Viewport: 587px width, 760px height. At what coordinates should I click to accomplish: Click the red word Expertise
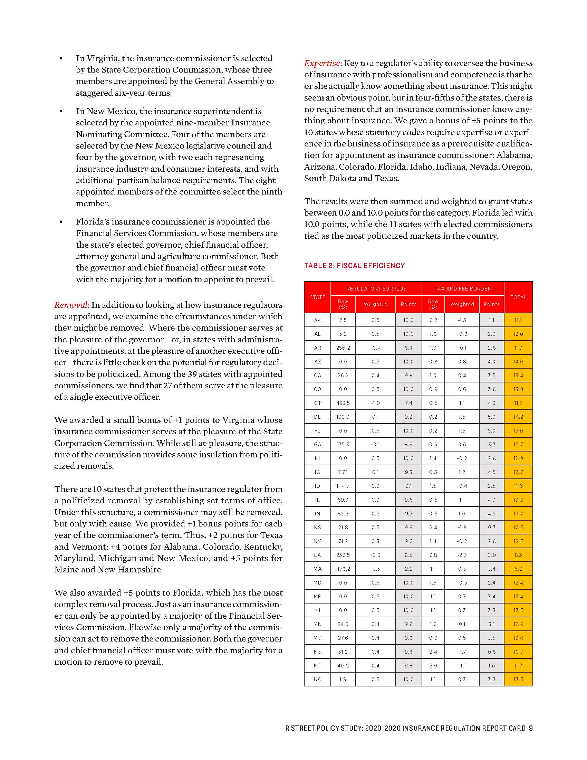[323, 63]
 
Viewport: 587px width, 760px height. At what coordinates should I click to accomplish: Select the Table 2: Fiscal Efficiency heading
[354, 266]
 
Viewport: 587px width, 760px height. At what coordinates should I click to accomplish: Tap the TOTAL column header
[518, 297]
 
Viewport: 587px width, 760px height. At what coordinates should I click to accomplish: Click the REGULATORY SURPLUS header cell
[376, 288]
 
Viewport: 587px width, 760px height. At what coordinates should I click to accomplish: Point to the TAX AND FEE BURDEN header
[462, 288]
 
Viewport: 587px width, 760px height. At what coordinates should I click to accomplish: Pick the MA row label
[317, 569]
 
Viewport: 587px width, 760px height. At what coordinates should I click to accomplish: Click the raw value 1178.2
[343, 569]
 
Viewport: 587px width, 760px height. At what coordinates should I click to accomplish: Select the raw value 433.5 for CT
[343, 403]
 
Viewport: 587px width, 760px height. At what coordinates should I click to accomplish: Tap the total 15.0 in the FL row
[518, 430]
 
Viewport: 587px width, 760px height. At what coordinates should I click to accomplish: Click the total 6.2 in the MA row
[518, 569]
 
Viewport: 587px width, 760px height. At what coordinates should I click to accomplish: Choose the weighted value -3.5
[375, 569]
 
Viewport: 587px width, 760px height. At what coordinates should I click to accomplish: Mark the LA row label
[317, 555]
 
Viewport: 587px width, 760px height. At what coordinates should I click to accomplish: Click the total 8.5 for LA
[518, 555]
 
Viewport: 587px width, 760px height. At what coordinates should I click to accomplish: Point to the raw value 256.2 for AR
[343, 348]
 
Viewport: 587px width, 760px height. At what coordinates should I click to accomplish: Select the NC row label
[317, 679]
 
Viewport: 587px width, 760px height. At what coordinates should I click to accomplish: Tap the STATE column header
[317, 297]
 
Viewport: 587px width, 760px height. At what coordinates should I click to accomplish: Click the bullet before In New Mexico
[61, 112]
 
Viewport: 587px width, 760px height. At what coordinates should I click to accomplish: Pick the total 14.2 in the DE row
[518, 417]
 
